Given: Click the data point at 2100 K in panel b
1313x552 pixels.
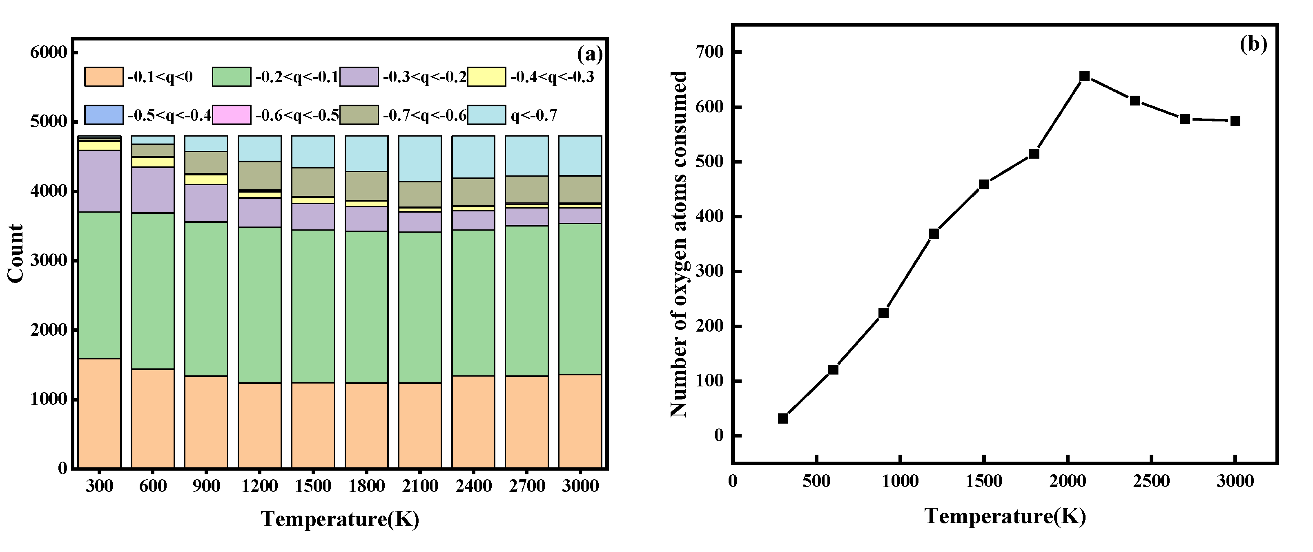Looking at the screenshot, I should pos(1085,76).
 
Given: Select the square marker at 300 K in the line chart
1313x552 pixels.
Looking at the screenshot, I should pos(783,418).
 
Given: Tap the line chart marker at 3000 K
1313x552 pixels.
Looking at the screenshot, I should pos(1235,121).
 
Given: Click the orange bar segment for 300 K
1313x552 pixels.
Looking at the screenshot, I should pos(99,413).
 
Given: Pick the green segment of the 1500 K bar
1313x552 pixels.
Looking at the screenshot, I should pos(313,306).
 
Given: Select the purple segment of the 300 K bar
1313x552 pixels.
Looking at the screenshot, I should pos(99,181).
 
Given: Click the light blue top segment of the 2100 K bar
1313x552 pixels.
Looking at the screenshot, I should pos(419,158).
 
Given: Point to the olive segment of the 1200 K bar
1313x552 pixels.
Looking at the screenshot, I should pos(259,175).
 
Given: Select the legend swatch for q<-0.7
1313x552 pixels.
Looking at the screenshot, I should pos(486,115).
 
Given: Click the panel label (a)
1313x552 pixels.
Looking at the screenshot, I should pos(590,54).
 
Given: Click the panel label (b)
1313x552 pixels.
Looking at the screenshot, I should pos(1253,45).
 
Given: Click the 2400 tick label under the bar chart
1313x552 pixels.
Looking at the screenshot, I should pos(473,485).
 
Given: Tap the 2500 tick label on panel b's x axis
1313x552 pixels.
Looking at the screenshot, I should pos(1151,481).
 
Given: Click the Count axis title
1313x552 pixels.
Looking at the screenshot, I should pos(16,253).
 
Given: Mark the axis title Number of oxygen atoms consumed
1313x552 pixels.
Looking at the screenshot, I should pos(678,244).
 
